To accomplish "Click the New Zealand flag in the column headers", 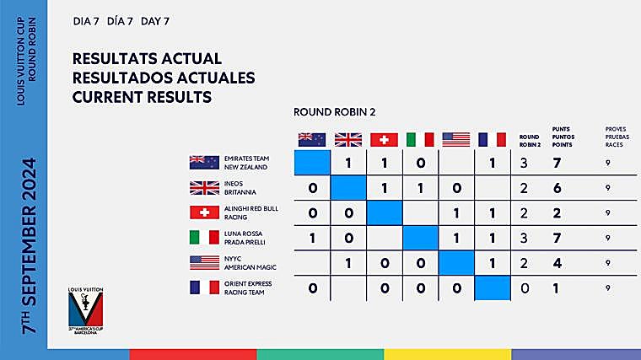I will (312, 139).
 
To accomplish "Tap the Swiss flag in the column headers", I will (384, 139).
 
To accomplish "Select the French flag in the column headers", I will (492, 139).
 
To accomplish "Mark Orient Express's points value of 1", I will (556, 288).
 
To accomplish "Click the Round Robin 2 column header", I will (529, 139).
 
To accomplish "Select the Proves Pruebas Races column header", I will (616, 136).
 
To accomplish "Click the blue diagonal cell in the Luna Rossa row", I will (420, 238).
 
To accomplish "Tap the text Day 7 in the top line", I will (155, 20).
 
